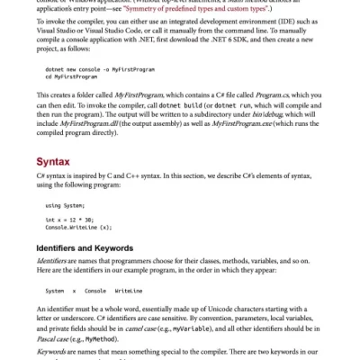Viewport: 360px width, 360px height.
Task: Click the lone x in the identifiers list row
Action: click(74, 291)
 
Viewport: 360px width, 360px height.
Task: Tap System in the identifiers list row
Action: click(55, 291)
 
